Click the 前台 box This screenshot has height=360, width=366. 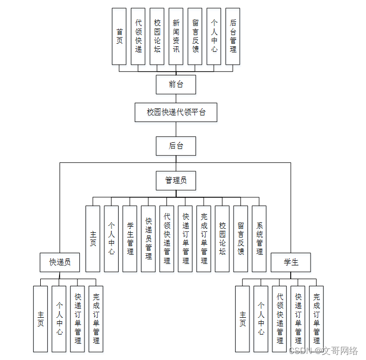[176, 84]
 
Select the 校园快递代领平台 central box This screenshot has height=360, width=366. [176, 112]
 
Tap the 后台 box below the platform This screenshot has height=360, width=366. [176, 146]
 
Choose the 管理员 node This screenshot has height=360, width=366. [176, 180]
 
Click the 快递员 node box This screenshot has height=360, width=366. [60, 262]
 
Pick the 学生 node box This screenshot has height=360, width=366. [291, 262]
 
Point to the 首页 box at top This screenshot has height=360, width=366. [119, 36]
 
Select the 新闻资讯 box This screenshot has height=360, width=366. [176, 36]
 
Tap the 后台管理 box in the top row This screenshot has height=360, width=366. [233, 36]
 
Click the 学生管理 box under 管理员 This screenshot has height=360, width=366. [130, 238]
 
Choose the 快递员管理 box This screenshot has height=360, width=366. [148, 238]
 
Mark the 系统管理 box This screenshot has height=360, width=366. [259, 238]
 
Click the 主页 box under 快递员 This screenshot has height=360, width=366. [40, 319]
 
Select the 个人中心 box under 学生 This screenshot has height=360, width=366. [261, 319]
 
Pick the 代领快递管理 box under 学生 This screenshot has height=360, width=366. [279, 319]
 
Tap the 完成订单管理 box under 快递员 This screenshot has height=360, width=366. [96, 319]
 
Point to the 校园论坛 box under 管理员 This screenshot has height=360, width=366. [222, 238]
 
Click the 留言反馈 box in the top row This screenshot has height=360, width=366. [195, 36]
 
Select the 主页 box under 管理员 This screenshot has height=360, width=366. [93, 238]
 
